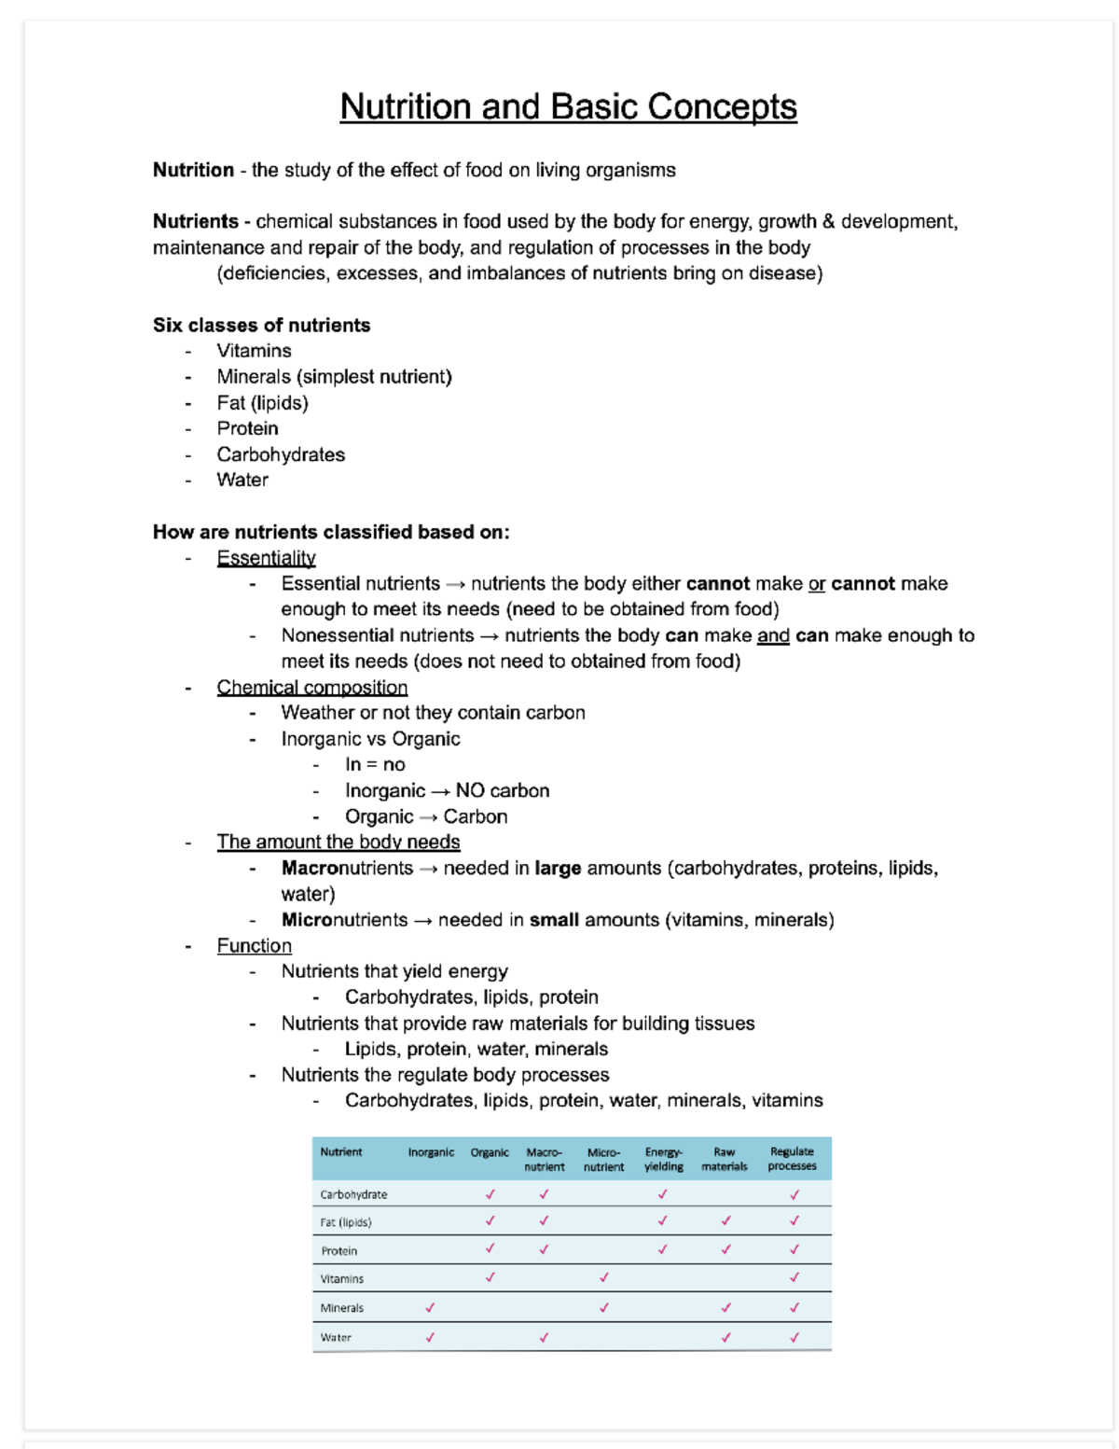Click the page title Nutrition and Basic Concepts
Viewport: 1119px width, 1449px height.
568,106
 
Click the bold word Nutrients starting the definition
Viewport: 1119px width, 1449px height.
195,221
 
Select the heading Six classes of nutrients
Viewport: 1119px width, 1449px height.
261,325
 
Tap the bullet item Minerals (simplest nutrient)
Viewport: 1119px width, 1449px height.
334,377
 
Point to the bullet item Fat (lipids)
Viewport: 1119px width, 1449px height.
262,403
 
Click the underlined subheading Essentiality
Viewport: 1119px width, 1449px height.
266,558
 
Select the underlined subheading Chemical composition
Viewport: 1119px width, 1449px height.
311,688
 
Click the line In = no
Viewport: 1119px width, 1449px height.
375,765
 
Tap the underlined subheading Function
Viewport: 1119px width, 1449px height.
254,946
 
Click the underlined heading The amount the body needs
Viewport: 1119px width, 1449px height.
338,843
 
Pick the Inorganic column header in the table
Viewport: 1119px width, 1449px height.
431,1152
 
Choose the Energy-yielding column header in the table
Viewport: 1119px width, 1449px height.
663,1159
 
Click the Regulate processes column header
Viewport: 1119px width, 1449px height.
792,1159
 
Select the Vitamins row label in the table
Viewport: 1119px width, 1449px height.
341,1279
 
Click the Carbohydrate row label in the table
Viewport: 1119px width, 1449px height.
353,1194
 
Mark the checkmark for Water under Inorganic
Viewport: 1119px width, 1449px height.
430,1337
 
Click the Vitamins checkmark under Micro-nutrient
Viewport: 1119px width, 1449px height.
603,1277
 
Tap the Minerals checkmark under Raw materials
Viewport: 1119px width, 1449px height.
725,1307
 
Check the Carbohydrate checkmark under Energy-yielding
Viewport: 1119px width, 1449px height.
662,1193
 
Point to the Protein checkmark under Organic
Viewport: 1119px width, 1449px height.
490,1248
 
